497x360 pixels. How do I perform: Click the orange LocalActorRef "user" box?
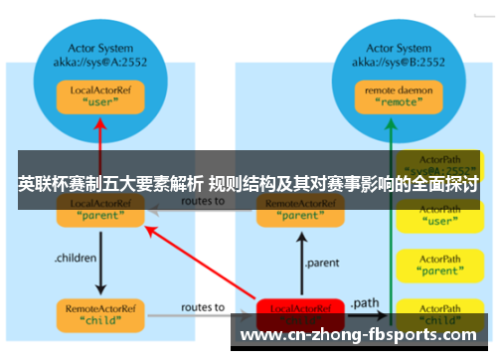pyautogui.click(x=100, y=95)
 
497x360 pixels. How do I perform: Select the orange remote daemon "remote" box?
pyautogui.click(x=390, y=94)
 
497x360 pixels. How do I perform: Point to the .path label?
pyautogui.click(x=365, y=300)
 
